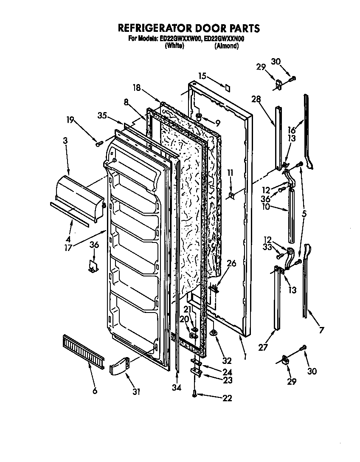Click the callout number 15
point(202,76)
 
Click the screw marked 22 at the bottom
point(194,394)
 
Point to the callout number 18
point(136,88)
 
